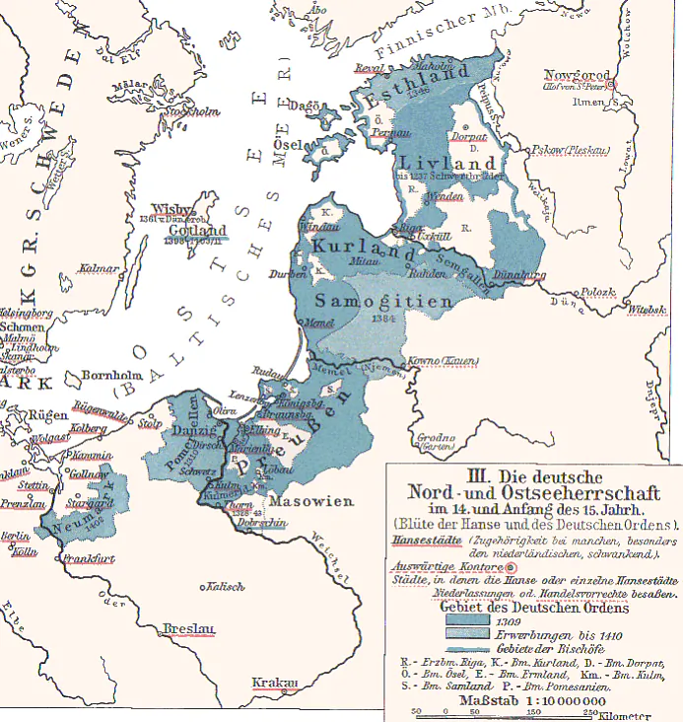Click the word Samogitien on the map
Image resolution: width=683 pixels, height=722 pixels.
(385, 302)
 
